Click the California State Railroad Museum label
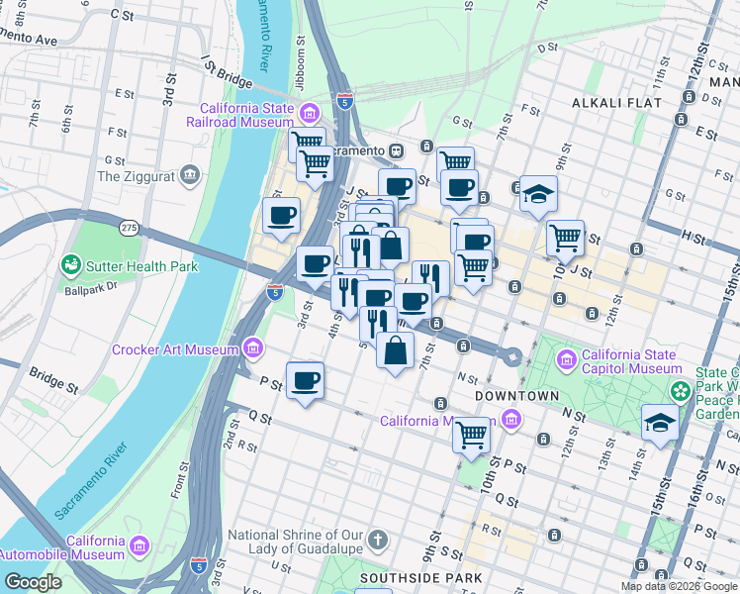coord(245,116)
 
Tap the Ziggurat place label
coord(136,177)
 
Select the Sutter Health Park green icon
coord(71,265)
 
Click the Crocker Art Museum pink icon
coord(253,348)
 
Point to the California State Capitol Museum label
coord(630,362)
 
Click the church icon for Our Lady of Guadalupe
coord(376,542)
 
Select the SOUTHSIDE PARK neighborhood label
coord(420,577)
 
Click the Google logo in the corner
coord(34,582)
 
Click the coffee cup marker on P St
coord(306,380)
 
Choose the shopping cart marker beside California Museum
coord(472,433)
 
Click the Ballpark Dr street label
coord(91,289)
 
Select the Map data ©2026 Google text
coord(680,585)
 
